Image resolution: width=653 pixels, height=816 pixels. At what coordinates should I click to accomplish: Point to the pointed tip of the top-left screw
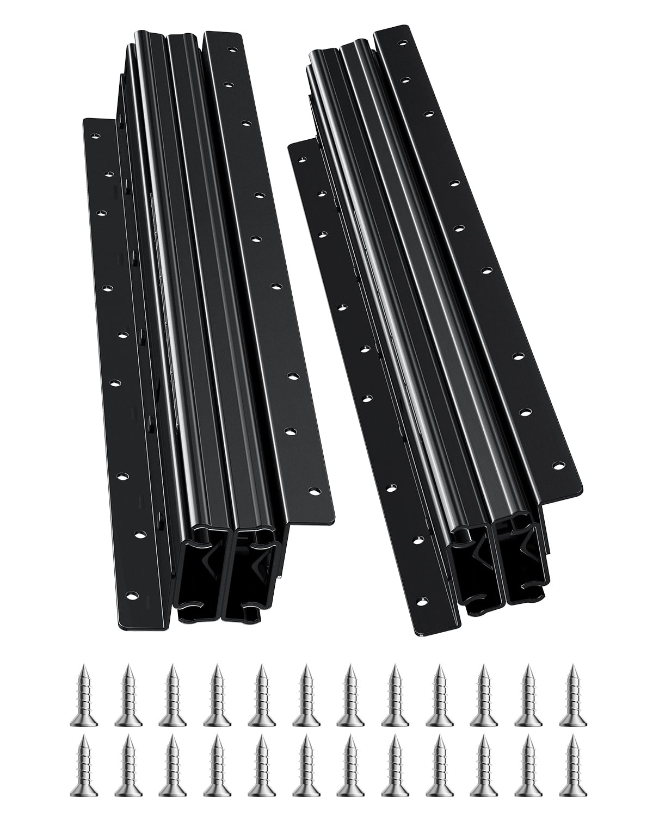[x=84, y=666]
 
